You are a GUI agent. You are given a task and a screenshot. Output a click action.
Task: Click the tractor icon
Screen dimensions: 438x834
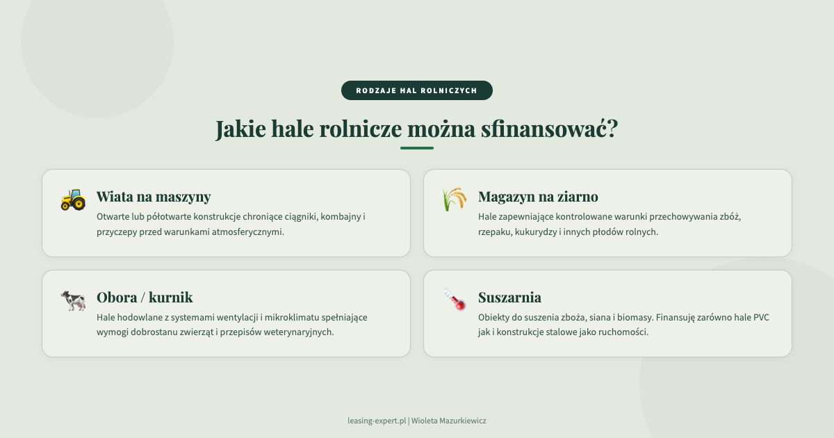pos(73,200)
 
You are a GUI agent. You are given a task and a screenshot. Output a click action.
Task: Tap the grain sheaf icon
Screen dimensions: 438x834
pos(455,200)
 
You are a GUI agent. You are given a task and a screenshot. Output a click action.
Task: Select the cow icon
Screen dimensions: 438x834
pos(73,300)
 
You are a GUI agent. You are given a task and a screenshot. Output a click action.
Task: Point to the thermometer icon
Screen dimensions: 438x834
pos(455,300)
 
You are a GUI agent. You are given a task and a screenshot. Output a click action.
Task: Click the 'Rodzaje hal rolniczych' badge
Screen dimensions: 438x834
pos(417,90)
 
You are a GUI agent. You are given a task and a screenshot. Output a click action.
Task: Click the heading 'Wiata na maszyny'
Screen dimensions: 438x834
pos(154,197)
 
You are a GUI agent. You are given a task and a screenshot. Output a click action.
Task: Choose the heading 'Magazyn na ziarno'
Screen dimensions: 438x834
pos(538,197)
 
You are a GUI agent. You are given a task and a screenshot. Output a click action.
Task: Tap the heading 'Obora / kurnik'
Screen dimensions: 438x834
pos(145,298)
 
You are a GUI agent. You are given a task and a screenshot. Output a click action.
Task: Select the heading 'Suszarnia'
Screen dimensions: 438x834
pos(509,298)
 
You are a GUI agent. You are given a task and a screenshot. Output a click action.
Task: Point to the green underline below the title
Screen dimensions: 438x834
pos(417,148)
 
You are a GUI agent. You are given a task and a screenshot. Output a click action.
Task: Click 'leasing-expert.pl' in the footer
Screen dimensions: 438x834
pos(376,421)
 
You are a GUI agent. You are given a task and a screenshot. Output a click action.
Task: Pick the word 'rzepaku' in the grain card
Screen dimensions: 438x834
pos(493,232)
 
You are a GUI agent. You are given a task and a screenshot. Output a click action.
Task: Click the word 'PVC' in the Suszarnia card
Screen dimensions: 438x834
pos(761,318)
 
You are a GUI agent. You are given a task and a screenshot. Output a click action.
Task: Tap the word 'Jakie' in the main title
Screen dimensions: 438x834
pos(240,129)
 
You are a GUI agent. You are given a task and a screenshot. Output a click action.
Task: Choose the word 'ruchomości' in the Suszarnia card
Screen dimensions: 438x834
pos(624,332)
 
